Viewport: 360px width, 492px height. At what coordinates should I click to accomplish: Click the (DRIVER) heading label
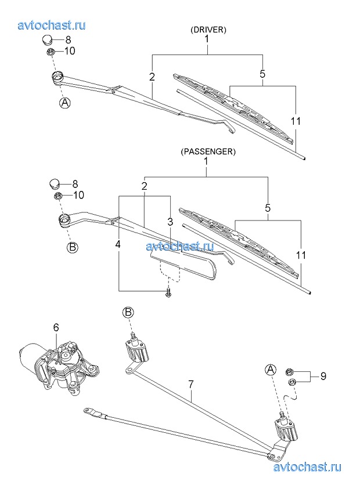(208, 30)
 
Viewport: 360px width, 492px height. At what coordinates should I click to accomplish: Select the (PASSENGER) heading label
(208, 151)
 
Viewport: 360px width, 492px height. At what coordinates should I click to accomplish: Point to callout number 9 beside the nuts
(323, 376)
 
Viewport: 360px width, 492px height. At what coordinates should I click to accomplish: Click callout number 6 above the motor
(56, 328)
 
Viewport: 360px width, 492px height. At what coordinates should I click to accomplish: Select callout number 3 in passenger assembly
(170, 222)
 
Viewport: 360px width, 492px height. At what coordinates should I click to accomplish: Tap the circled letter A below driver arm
(64, 103)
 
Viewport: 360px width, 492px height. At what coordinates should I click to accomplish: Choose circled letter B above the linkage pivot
(128, 313)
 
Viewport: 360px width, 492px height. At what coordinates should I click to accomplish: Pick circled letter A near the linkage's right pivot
(271, 370)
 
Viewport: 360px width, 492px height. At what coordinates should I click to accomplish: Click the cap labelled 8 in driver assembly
(48, 40)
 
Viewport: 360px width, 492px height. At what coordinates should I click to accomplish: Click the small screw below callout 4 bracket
(168, 293)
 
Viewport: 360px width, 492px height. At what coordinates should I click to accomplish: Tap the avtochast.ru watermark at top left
(52, 25)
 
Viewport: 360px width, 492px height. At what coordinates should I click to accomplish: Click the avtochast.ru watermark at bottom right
(307, 467)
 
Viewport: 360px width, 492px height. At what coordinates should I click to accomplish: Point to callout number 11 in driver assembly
(296, 121)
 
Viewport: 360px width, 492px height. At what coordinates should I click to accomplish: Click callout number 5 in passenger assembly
(268, 208)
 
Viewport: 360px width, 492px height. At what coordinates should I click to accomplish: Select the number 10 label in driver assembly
(70, 51)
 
